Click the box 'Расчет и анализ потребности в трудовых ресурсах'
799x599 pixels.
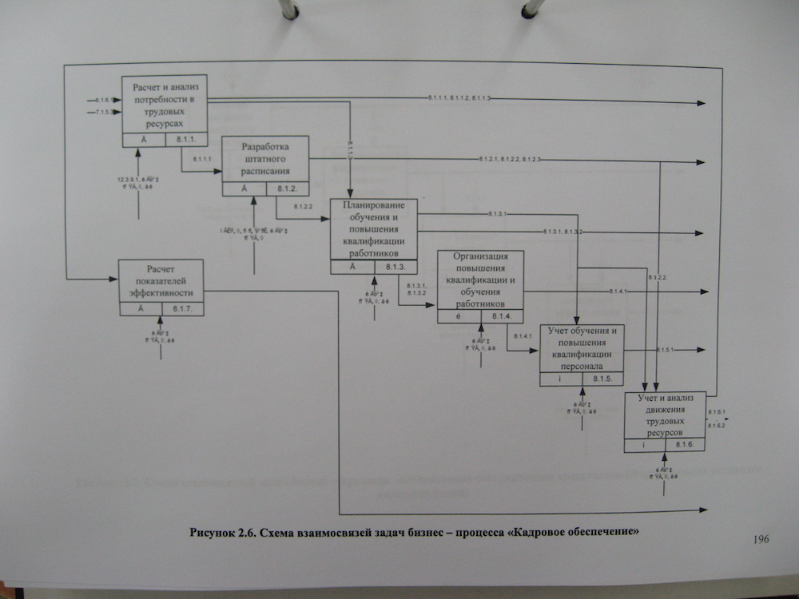pyautogui.click(x=165, y=104)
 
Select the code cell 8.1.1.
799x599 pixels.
pyautogui.click(x=185, y=140)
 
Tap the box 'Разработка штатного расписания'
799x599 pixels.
pyautogui.click(x=265, y=159)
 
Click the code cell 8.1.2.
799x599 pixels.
pyautogui.click(x=287, y=189)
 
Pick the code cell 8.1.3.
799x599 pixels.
pyautogui.click(x=396, y=267)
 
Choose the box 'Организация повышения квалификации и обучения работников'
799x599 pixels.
pyautogui.click(x=481, y=280)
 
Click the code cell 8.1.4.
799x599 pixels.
pyautogui.click(x=503, y=317)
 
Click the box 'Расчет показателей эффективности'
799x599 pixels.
pyautogui.click(x=161, y=281)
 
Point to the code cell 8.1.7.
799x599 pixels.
pyautogui.click(x=183, y=309)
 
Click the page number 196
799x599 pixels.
pyautogui.click(x=760, y=540)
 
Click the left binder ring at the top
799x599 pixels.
pyautogui.click(x=289, y=10)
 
